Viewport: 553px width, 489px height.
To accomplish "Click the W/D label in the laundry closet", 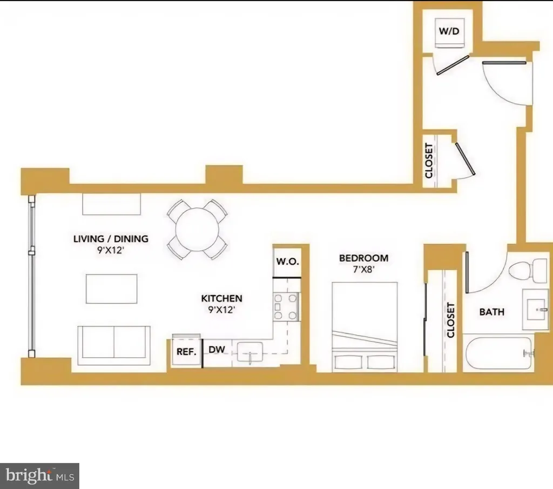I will click(x=449, y=31).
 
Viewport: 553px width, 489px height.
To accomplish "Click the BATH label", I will click(x=492, y=312).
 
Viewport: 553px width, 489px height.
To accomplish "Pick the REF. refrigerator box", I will click(x=186, y=351).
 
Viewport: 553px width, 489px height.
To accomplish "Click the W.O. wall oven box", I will click(x=286, y=262).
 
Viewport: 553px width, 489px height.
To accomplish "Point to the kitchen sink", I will click(x=250, y=351).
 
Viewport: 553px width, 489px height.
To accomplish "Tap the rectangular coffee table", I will click(x=112, y=289).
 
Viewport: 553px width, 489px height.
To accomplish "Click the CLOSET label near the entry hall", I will click(x=429, y=160).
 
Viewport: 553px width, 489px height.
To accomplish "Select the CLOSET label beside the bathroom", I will click(x=451, y=320).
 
